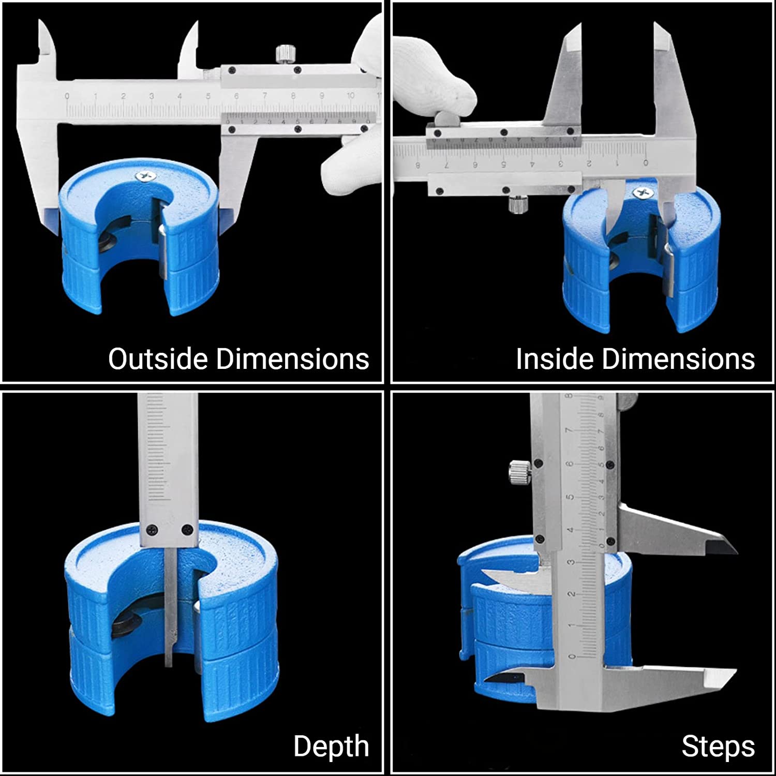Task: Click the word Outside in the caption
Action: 158,359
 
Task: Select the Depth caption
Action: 332,747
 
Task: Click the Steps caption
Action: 718,747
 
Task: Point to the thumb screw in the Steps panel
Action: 519,472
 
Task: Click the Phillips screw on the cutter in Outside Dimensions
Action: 145,176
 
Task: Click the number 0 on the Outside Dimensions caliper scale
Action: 67,96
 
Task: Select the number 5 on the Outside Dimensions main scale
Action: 208,96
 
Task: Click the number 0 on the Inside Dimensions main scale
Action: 646,163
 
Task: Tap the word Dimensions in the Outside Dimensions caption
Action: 292,359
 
